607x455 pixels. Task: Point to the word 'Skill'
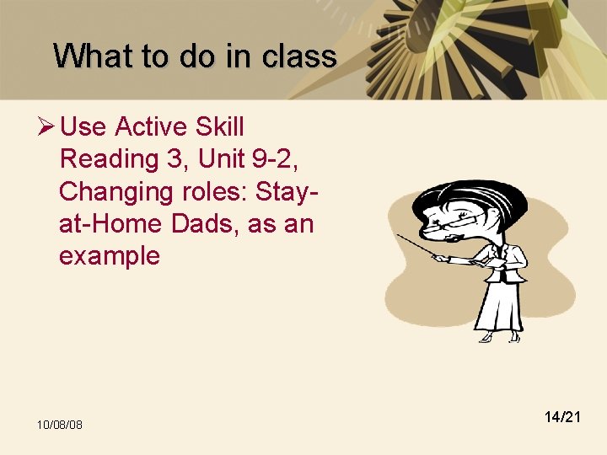(x=219, y=127)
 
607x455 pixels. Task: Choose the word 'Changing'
(x=115, y=191)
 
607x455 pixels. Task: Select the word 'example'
(x=109, y=255)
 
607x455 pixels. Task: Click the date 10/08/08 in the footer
(x=59, y=424)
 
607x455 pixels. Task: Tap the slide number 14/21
(x=562, y=416)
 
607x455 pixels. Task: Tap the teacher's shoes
(x=497, y=337)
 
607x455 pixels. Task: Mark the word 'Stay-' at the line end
(x=290, y=191)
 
